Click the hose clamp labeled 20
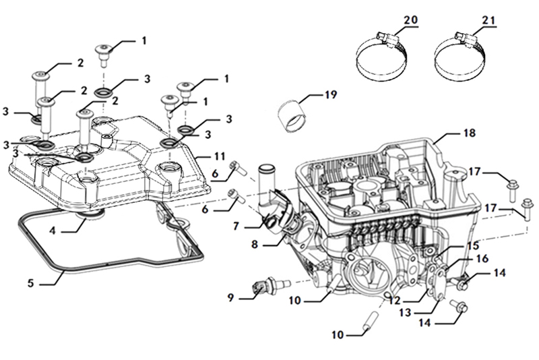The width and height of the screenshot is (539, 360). coord(380,58)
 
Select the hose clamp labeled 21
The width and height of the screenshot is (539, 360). coord(458,58)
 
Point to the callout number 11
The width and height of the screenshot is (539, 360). coord(219,156)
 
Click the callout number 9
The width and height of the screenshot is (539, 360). coord(231,297)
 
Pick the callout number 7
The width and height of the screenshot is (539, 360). coord(236,227)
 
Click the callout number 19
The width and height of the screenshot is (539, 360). coord(330,95)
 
